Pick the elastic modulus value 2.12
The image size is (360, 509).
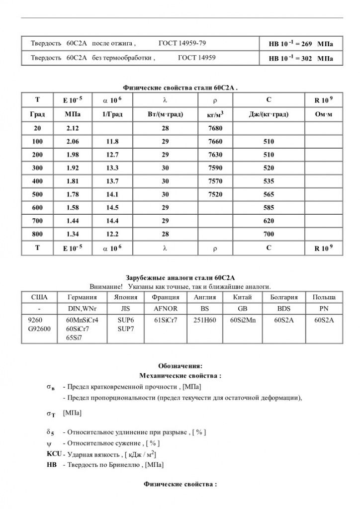coord(73,128)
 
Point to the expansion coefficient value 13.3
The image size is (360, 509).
coord(112,168)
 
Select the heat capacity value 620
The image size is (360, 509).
coord(269,221)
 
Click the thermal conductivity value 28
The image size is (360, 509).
coord(166,128)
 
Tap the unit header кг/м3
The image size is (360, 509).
coord(215,114)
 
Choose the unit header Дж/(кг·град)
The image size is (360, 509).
coord(269,114)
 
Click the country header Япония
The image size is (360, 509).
coord(125,297)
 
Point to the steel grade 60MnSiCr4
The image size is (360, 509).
coord(82,320)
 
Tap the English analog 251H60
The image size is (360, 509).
coord(204,320)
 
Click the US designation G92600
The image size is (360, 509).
coord(40,328)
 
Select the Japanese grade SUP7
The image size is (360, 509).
coord(125,328)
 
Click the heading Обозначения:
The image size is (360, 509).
coord(180,366)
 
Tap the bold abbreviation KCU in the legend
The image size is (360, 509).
coord(50,454)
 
